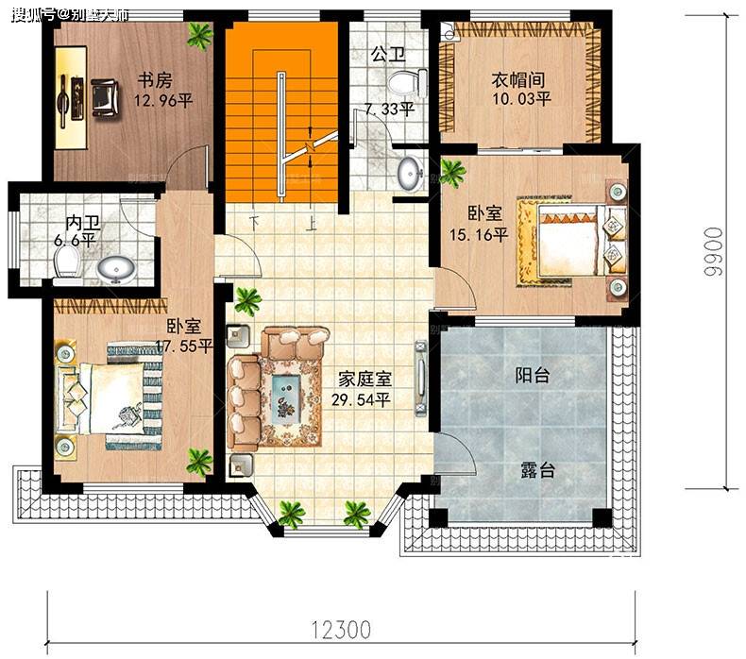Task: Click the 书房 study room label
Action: pyautogui.click(x=155, y=80)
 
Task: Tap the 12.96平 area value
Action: pyautogui.click(x=162, y=101)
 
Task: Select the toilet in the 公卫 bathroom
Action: pyautogui.click(x=407, y=82)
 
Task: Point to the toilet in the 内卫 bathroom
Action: pyautogui.click(x=66, y=262)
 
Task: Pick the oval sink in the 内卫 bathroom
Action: pyautogui.click(x=115, y=269)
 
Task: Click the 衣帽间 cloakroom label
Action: pyautogui.click(x=517, y=79)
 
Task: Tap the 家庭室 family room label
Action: pyautogui.click(x=365, y=380)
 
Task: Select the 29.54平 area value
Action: pyautogui.click(x=361, y=399)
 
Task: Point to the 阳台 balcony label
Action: pyautogui.click(x=533, y=376)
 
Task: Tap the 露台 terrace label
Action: pyautogui.click(x=537, y=470)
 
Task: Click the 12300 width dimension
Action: pyautogui.click(x=342, y=630)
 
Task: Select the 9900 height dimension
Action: pyautogui.click(x=714, y=251)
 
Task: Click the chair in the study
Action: pyautogui.click(x=104, y=98)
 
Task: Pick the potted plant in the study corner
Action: pyautogui.click(x=200, y=35)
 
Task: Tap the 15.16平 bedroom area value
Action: pyautogui.click(x=479, y=235)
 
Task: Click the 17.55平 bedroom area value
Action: pyautogui.click(x=183, y=346)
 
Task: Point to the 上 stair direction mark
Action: pyautogui.click(x=312, y=223)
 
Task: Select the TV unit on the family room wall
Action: pyautogui.click(x=420, y=379)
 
